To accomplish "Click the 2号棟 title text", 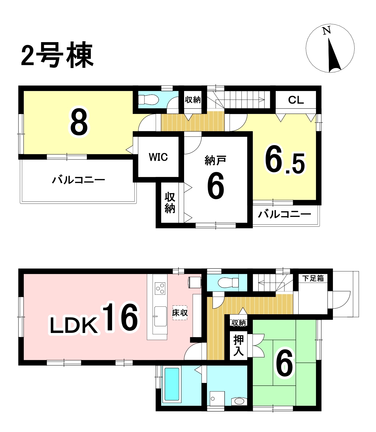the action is [57, 55].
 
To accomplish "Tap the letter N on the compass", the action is [327, 31].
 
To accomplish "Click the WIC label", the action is [158, 157].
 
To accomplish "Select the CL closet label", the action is [296, 100].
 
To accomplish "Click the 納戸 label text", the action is [215, 160].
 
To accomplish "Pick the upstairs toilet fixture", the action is [148, 99].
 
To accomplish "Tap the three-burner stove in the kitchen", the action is [160, 289].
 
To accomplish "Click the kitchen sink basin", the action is [160, 316].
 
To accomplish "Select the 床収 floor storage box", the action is [180, 313].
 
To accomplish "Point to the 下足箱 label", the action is [313, 279].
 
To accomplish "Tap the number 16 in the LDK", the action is [120, 317].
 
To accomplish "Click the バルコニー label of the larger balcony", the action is [78, 180].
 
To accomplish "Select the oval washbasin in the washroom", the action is [239, 401].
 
